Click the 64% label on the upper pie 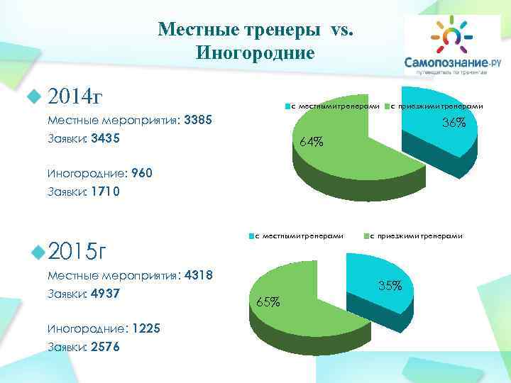pyautogui.click(x=312, y=143)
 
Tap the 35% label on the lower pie pyautogui.click(x=390, y=286)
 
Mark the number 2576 pyautogui.click(x=106, y=347)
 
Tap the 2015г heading pyautogui.click(x=78, y=251)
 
